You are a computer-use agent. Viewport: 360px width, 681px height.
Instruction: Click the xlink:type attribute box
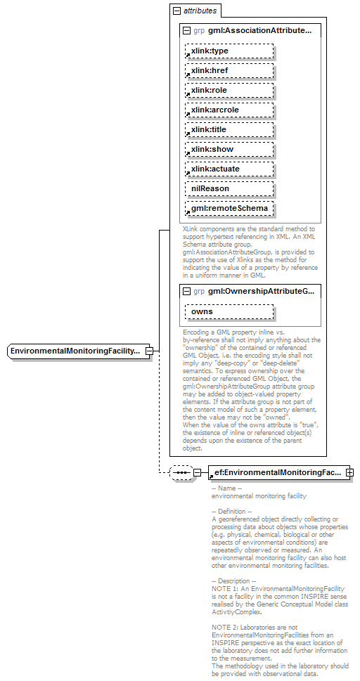[x=229, y=51]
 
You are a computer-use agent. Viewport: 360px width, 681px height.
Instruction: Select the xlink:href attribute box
[x=229, y=70]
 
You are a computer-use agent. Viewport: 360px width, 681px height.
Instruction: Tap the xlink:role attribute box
[x=229, y=90]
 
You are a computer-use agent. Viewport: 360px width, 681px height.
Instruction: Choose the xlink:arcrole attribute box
[x=229, y=110]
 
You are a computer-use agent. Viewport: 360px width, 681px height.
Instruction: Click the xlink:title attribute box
[x=229, y=129]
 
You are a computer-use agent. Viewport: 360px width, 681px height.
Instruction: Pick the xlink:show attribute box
[x=229, y=149]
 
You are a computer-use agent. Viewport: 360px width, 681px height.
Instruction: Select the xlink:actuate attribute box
[x=229, y=169]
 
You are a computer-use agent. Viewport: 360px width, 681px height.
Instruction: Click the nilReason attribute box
[x=229, y=188]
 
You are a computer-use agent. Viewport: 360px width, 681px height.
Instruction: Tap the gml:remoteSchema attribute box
[x=229, y=209]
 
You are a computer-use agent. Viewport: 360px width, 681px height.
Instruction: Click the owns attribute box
[x=229, y=311]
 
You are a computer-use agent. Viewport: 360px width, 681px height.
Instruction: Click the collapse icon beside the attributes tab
[x=176, y=11]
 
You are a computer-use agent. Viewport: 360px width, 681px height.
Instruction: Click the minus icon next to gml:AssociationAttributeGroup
[x=186, y=31]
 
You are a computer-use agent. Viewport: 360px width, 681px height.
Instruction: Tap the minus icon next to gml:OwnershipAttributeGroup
[x=186, y=291]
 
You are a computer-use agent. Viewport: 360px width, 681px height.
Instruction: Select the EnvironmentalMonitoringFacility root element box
[x=76, y=351]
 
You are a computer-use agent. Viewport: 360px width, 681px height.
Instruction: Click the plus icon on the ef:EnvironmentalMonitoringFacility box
[x=349, y=473]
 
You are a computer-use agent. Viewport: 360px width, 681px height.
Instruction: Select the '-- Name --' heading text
[x=226, y=488]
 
